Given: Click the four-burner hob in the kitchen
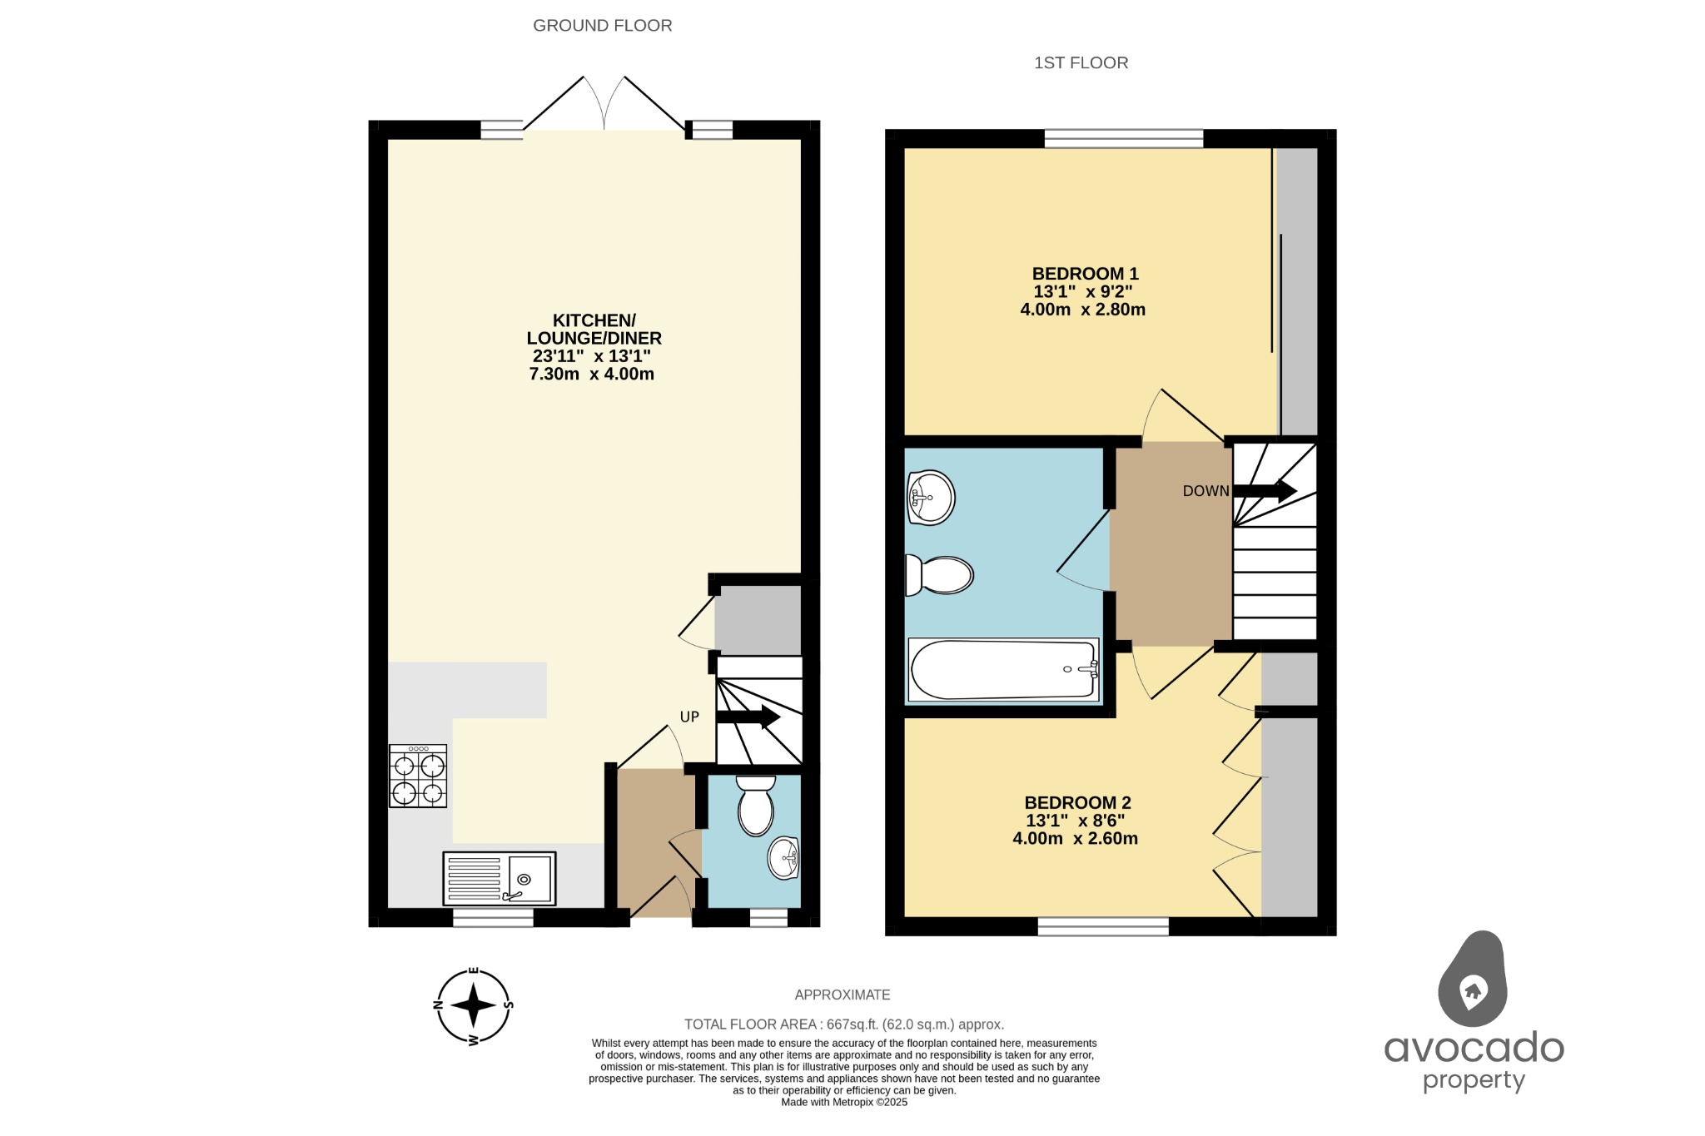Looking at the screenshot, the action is click(418, 776).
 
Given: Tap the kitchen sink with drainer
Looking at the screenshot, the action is click(500, 878).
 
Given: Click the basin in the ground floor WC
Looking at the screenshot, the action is click(783, 858).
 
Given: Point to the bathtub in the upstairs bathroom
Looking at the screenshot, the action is click(1004, 670).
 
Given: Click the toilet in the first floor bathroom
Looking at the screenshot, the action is click(941, 574).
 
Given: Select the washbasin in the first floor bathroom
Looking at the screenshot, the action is click(930, 498).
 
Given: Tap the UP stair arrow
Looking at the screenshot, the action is click(748, 717).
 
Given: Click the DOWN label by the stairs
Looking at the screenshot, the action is click(1205, 491).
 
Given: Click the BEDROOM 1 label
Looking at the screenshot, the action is click(1085, 274).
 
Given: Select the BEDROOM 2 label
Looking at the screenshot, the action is click(1077, 803).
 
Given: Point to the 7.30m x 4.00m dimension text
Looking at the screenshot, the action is click(591, 375).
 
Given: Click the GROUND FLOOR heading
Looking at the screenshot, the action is click(602, 26).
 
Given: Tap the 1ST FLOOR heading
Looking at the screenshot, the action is click(1081, 63).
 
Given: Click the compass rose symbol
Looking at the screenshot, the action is click(473, 1005).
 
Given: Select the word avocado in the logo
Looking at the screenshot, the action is click(1474, 1048).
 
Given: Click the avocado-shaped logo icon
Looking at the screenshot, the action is click(1472, 980).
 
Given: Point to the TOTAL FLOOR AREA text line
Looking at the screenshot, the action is click(843, 1024).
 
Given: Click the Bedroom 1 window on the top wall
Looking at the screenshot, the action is click(1123, 138).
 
